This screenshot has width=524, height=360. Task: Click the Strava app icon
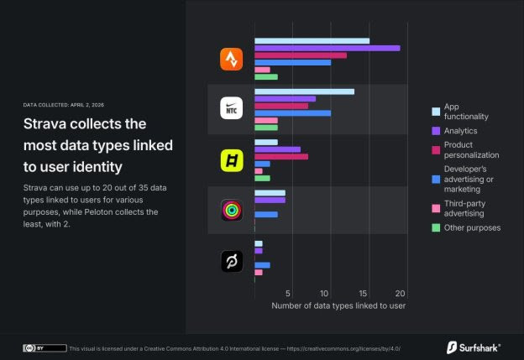pyautogui.click(x=232, y=59)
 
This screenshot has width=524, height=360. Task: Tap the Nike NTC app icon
pyautogui.click(x=232, y=109)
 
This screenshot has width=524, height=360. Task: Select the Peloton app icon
pyautogui.click(x=232, y=262)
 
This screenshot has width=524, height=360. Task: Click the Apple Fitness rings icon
pyautogui.click(x=232, y=211)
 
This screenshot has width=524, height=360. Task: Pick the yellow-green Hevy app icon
pyautogui.click(x=232, y=160)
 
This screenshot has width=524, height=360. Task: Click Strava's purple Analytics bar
pyautogui.click(x=327, y=48)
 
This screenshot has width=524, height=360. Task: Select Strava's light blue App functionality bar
pyautogui.click(x=312, y=40)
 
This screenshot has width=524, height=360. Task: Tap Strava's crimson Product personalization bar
pyautogui.click(x=300, y=55)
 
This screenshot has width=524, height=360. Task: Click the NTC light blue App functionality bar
pyautogui.click(x=304, y=91)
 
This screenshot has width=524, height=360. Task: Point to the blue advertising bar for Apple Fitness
pyautogui.click(x=265, y=215)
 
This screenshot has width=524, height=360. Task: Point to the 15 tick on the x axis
pyautogui.click(x=364, y=294)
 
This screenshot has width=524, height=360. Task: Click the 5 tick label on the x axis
pyautogui.click(x=289, y=294)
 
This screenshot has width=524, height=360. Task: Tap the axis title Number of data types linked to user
pyautogui.click(x=338, y=306)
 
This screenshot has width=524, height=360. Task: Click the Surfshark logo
pyautogui.click(x=474, y=347)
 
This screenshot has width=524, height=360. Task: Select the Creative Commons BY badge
pyautogui.click(x=45, y=347)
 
